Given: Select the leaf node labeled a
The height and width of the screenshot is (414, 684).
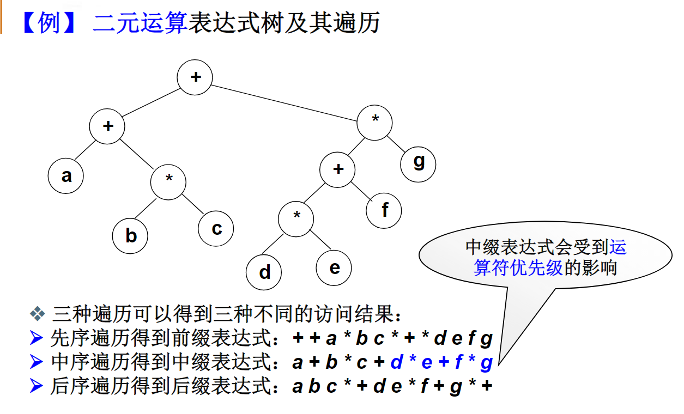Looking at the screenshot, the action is point(66,175).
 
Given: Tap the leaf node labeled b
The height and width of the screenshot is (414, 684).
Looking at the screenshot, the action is point(130,235).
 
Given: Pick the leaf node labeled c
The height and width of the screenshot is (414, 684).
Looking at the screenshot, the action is point(216,228).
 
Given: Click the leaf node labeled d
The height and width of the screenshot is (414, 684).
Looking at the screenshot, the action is point(264,272).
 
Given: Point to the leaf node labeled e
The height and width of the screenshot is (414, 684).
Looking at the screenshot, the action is point(334,267).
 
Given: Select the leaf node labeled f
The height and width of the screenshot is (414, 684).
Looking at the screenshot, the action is point(384,210).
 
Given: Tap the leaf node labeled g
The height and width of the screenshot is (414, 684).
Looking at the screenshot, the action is point(419,162).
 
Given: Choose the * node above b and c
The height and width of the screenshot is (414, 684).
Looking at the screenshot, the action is point(169,180).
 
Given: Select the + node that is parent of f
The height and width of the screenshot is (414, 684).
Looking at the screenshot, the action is point(338,169).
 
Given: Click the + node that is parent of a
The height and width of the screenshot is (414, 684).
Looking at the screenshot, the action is point(108,126).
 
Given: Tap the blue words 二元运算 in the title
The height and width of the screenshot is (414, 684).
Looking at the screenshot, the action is point(140,23).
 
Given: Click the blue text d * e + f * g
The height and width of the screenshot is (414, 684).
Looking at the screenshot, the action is point(441,362).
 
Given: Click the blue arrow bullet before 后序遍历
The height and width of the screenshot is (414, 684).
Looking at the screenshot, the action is point(37,386).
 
